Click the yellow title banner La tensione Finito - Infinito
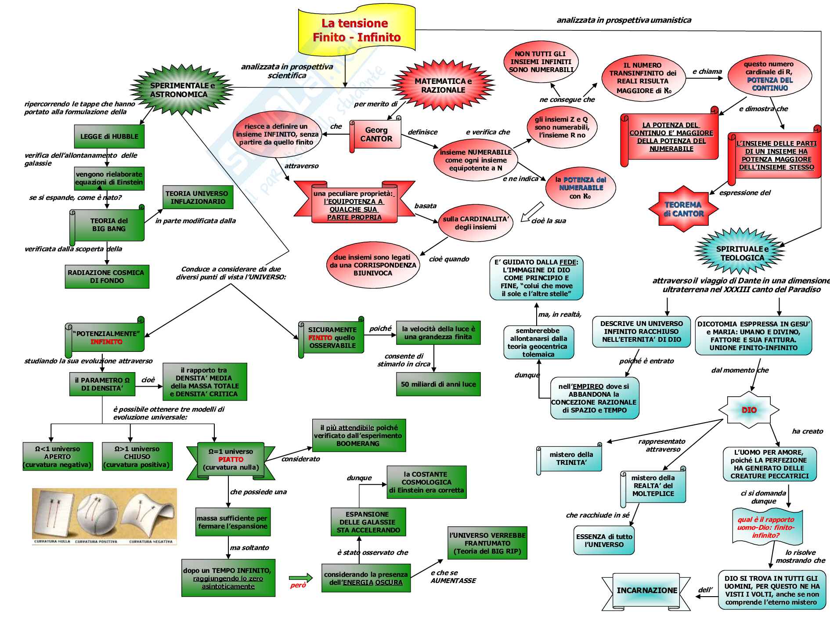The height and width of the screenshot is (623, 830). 356,30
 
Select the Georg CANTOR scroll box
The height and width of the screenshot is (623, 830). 376,134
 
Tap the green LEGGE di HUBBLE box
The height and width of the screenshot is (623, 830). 109,137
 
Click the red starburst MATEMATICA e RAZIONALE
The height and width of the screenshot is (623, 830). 443,85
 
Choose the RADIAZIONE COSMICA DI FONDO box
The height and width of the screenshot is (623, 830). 107,276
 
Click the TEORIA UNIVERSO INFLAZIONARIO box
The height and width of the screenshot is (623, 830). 198,197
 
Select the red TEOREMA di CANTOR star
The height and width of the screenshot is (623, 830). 683,209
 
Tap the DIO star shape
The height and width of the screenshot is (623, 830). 749,410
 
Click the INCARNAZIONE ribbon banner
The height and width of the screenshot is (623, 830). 646,590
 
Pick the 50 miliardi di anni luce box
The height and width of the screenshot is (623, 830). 438,384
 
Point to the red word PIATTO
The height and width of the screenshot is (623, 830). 231,460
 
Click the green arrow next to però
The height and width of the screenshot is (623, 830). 301,578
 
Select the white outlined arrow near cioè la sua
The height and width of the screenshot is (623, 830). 532,211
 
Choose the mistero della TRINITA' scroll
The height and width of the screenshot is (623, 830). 570,459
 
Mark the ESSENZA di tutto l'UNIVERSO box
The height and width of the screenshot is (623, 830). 604,540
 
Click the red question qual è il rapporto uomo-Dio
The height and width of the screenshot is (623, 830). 766,527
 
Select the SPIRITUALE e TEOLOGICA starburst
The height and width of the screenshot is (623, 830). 742,254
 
